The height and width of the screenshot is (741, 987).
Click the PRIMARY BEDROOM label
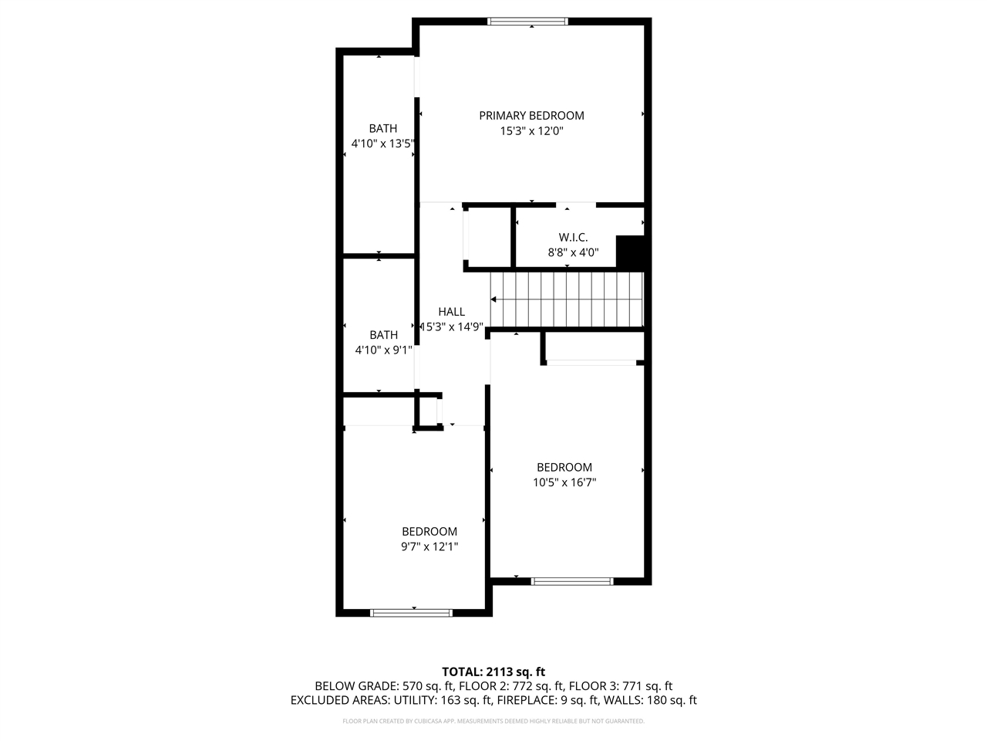pyautogui.click(x=531, y=116)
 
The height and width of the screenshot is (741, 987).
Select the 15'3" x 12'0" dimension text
pyautogui.click(x=531, y=131)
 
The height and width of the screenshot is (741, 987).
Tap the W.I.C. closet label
pyautogui.click(x=573, y=238)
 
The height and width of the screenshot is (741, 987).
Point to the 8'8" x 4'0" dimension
pyautogui.click(x=573, y=252)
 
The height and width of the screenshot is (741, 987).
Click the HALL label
pyautogui.click(x=451, y=312)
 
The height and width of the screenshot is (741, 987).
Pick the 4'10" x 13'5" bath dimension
pyautogui.click(x=383, y=144)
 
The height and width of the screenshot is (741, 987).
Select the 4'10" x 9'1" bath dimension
pyautogui.click(x=383, y=350)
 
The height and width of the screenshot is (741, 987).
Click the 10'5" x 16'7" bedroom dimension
pyautogui.click(x=564, y=482)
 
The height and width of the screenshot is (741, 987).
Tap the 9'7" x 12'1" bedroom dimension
pyautogui.click(x=429, y=547)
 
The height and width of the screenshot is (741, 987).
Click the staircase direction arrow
pyautogui.click(x=494, y=299)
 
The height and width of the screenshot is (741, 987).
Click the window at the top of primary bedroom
pyautogui.click(x=528, y=22)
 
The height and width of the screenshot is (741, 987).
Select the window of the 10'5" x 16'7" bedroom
pyautogui.click(x=571, y=581)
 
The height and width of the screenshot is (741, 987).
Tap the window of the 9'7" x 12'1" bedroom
pyautogui.click(x=410, y=613)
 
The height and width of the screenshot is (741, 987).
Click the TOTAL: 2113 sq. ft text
pyautogui.click(x=493, y=672)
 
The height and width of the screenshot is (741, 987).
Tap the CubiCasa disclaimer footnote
pyautogui.click(x=493, y=722)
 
